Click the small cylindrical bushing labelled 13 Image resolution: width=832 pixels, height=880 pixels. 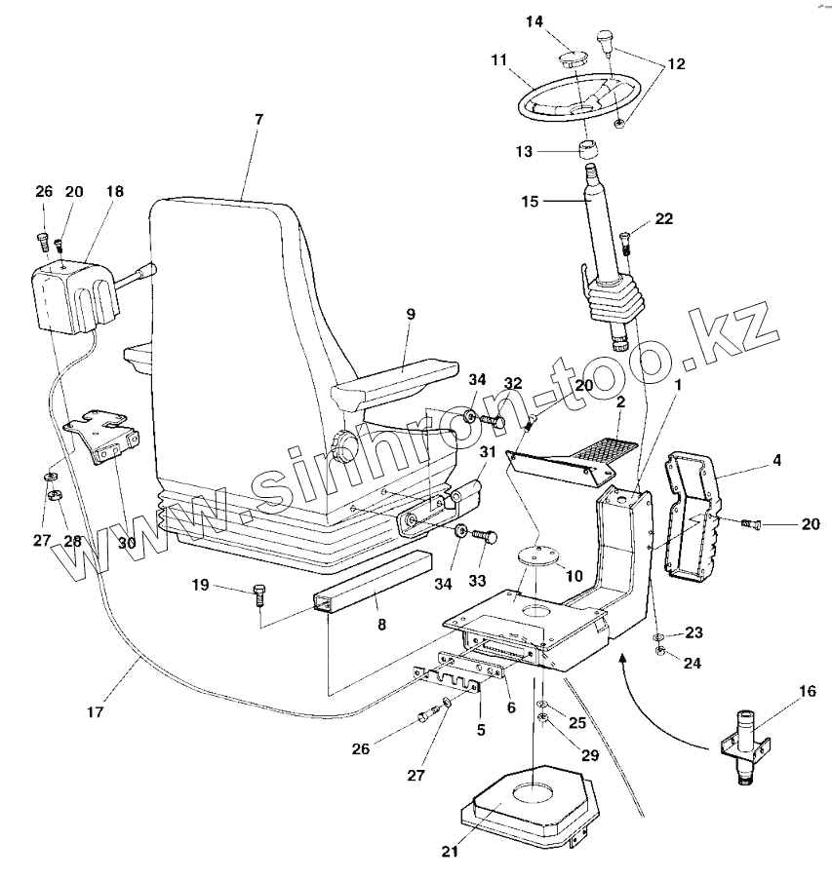tap(588, 152)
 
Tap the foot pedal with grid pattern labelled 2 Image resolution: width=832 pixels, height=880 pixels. tap(575, 457)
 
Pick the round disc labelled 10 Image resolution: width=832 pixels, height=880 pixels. tap(537, 556)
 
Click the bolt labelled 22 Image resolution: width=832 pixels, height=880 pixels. tap(626, 236)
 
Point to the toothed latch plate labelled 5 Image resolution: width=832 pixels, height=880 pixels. tap(447, 677)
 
